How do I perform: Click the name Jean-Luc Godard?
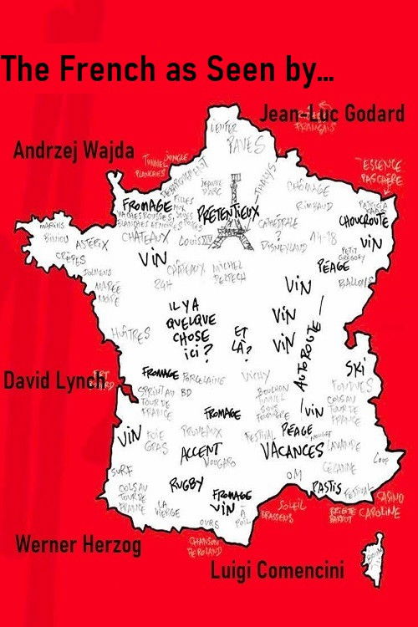pyautogui.click(x=333, y=115)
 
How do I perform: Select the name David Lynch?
pyautogui.click(x=54, y=381)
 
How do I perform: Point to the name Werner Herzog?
pyautogui.click(x=78, y=546)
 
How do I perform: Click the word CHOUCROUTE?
pyautogui.click(x=365, y=222)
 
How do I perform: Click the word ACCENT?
pyautogui.click(x=200, y=451)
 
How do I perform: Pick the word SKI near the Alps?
pyautogui.click(x=355, y=368)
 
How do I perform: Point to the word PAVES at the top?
pyautogui.click(x=248, y=145)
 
